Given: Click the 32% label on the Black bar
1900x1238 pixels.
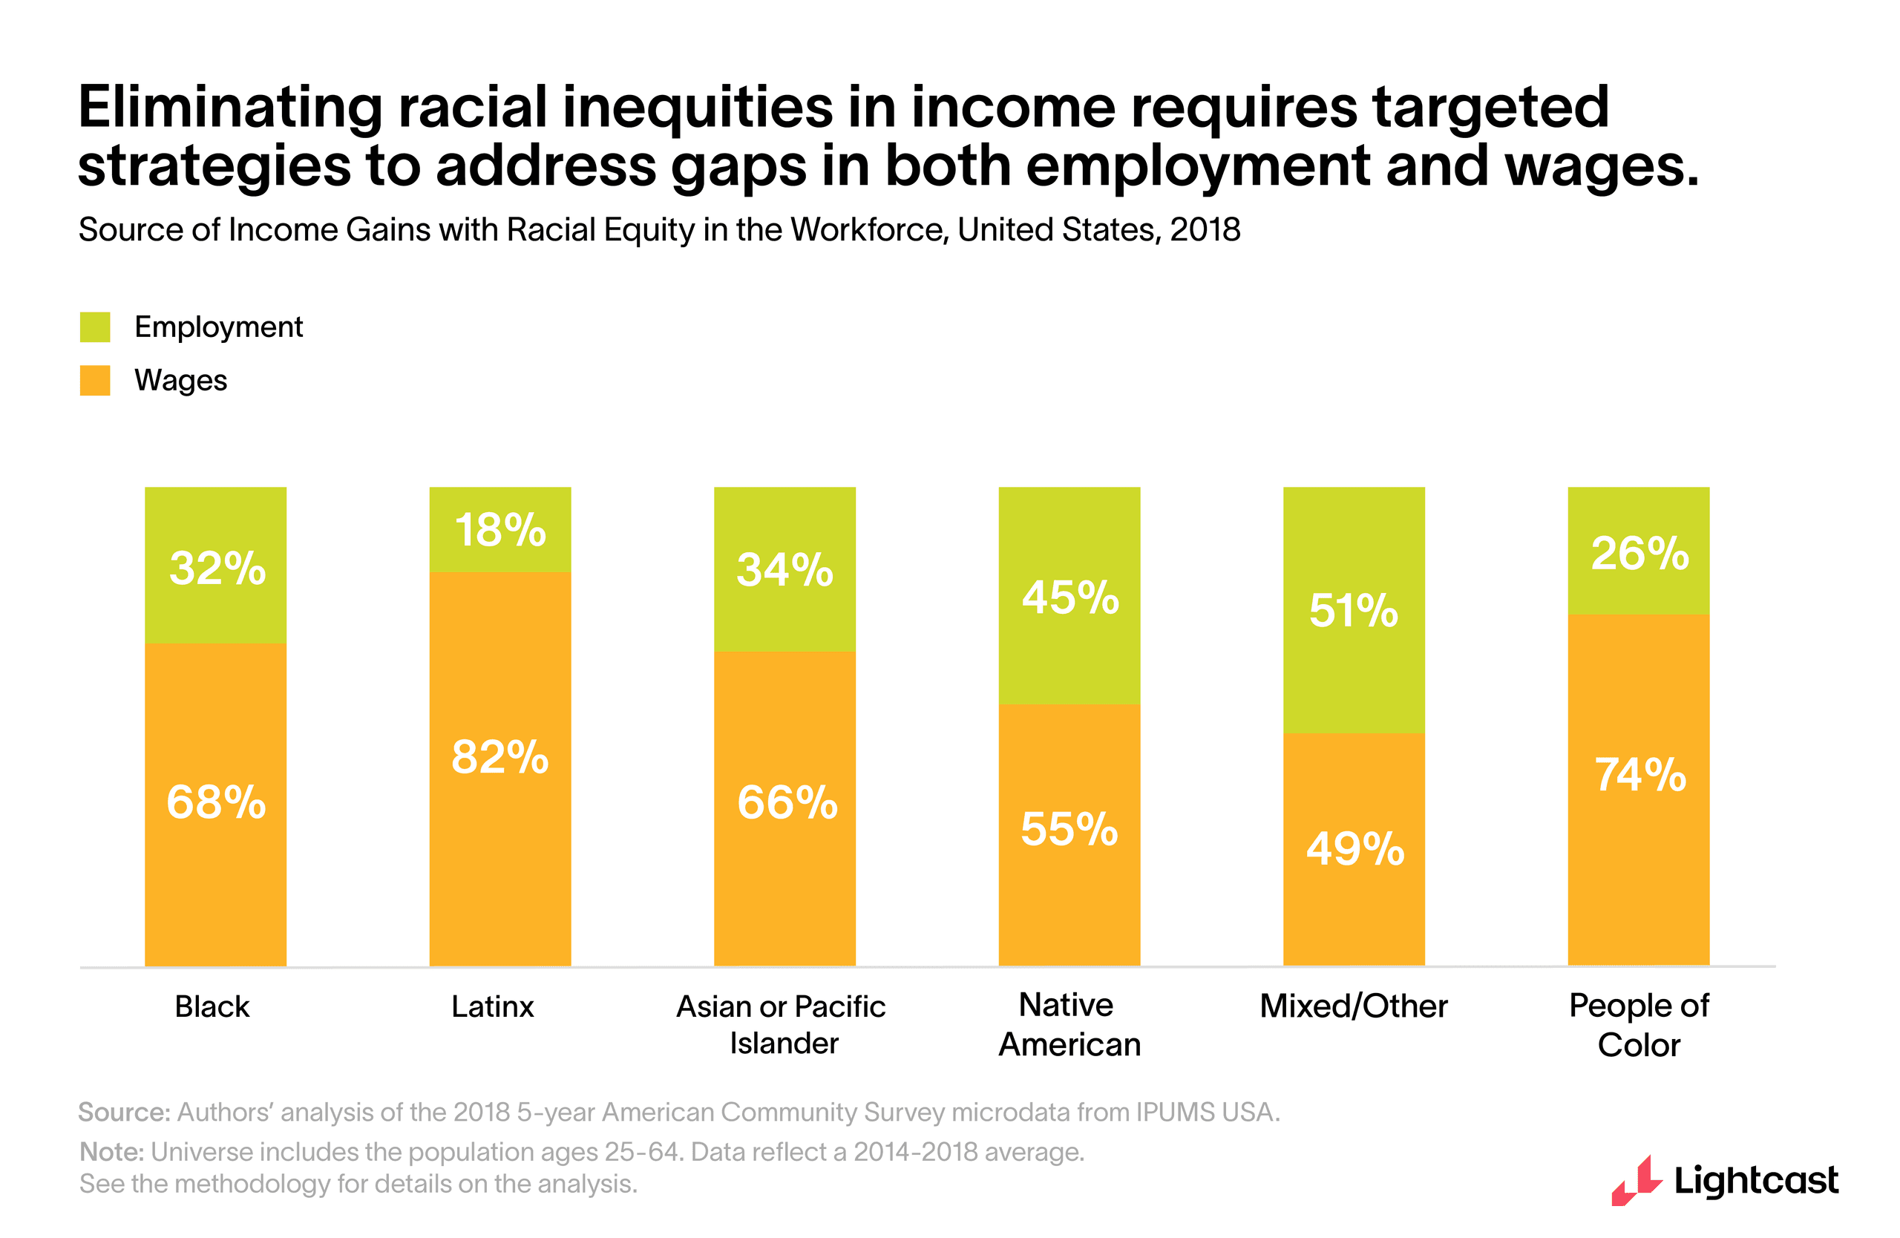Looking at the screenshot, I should (x=217, y=569).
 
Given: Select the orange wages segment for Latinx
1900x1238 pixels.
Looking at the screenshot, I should (x=499, y=838).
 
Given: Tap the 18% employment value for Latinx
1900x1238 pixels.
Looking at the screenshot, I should (x=499, y=530).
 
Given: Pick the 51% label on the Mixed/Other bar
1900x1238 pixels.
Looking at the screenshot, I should (x=1353, y=611).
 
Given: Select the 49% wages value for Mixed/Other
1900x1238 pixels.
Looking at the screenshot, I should (x=1354, y=848).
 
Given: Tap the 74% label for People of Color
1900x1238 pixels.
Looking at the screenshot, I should (x=1639, y=775).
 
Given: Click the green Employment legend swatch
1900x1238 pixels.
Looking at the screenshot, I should (x=95, y=327).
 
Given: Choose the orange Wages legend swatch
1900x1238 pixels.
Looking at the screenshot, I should (x=95, y=381).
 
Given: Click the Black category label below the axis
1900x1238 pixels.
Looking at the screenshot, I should (x=212, y=1006).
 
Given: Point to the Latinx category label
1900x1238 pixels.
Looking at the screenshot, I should (x=492, y=1006).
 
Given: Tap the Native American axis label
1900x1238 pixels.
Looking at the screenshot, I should (x=1069, y=1025).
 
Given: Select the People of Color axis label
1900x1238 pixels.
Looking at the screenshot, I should (x=1638, y=1025).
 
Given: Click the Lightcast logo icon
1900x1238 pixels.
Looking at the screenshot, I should (x=1635, y=1182).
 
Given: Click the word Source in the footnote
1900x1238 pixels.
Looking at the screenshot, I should (x=123, y=1112).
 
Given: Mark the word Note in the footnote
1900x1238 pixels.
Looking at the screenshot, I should (x=111, y=1152).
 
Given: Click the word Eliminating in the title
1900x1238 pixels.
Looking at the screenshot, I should (x=230, y=108).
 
